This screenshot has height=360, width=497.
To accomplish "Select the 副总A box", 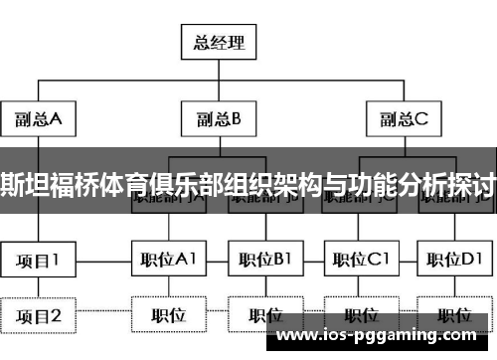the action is pyautogui.click(x=38, y=120).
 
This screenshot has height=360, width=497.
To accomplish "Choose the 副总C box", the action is pyautogui.click(x=403, y=120).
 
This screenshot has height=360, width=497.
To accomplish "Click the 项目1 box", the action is pyautogui.click(x=38, y=261).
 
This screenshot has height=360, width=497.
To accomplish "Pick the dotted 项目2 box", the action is pyautogui.click(x=38, y=317).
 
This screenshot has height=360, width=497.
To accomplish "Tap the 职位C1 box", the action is pyautogui.click(x=359, y=261).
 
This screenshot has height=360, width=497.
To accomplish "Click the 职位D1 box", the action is pyautogui.click(x=453, y=261).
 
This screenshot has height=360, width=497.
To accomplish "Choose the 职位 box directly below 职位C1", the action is pyautogui.click(x=359, y=317).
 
